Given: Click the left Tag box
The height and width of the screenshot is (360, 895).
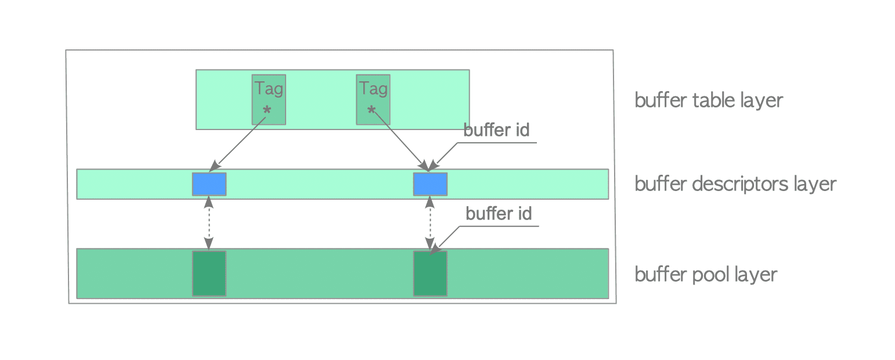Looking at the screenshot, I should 268,99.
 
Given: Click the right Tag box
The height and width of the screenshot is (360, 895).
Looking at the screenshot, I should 373,99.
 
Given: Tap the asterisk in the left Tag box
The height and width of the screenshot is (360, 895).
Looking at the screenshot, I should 267,110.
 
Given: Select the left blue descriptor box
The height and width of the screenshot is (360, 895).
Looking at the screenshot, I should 209,184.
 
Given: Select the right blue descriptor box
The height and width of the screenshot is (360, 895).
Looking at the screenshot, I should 430,184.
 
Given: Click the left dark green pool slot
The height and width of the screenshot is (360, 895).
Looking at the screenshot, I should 209,273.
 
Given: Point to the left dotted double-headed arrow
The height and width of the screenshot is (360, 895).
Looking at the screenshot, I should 209,224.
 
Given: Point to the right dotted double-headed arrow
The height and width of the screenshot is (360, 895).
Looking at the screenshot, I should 430,224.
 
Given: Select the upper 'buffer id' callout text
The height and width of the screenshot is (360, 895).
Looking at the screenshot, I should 496,130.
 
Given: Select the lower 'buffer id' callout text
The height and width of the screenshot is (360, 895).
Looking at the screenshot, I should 499,214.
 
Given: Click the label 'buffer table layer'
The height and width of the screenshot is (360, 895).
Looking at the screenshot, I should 709,100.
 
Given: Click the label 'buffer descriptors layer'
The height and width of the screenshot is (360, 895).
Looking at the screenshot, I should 735,184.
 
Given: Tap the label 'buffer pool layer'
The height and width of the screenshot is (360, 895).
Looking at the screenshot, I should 706,274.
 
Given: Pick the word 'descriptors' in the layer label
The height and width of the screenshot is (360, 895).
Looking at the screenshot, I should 739,184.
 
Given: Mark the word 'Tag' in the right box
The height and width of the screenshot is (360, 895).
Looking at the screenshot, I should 373,89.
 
